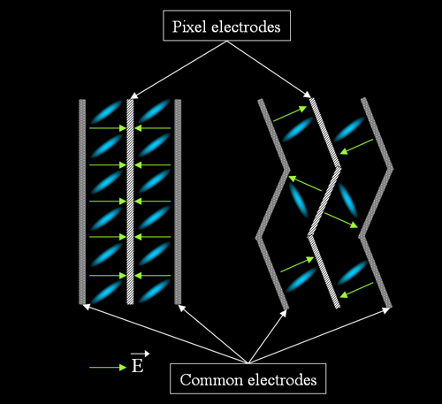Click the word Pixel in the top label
[189, 27]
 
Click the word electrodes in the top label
[246, 27]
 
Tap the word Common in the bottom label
[210, 379]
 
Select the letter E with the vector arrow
[138, 365]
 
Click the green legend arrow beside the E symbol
[108, 368]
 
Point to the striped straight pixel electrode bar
[130, 202]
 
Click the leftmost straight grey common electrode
[82, 202]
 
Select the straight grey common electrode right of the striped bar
[178, 202]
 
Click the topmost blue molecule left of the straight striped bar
[106, 111]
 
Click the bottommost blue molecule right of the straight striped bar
[154, 291]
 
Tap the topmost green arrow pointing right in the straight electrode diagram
[108, 128]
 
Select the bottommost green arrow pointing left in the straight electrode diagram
[152, 276]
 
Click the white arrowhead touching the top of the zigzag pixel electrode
[307, 95]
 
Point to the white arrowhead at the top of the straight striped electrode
[134, 95]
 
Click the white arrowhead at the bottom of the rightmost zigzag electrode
[386, 310]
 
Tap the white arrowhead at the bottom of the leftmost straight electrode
[87, 307]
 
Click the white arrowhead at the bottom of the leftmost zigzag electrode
[284, 313]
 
